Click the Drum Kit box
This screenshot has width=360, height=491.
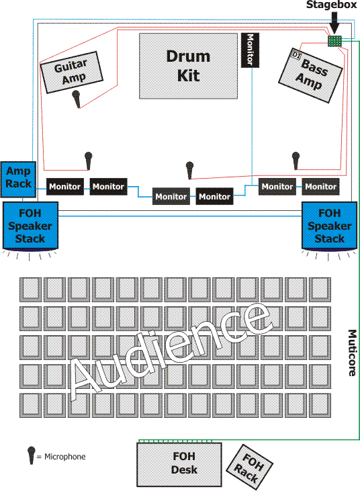point(188,66)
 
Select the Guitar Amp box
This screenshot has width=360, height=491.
point(72,73)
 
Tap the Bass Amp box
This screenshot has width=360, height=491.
point(310,75)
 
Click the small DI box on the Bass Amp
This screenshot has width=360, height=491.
point(296,55)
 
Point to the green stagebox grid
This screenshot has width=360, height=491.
point(334,41)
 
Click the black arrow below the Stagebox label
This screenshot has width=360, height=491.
point(334,23)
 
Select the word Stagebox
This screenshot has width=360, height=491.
point(332,5)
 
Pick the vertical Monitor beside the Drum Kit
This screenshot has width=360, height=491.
point(250,50)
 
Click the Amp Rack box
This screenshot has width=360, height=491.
point(18,179)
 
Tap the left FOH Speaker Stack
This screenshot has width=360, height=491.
point(30,226)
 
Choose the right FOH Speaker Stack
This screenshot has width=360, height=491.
point(329,226)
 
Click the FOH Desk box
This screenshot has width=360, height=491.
point(179,464)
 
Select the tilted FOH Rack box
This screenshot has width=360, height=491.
point(249,467)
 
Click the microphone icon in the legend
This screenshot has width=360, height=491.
point(31,455)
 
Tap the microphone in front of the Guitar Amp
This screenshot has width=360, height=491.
point(76,99)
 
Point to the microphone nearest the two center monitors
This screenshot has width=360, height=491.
point(189,170)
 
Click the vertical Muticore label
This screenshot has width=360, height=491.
point(352,353)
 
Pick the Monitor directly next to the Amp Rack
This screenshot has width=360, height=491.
point(65,187)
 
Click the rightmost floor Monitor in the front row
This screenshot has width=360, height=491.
point(320,187)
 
